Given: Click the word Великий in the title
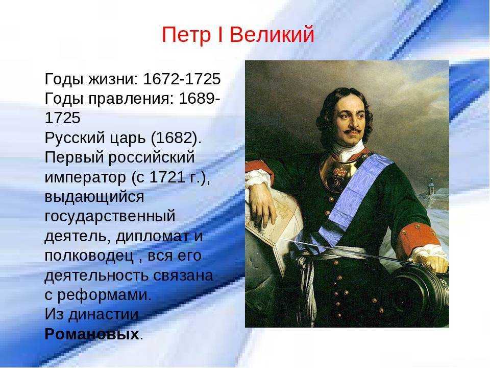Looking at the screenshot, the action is pos(272,34).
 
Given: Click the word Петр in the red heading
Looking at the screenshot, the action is pos(186,35).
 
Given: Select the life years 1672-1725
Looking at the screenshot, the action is pos(182,79).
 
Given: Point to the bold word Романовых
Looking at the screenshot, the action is pos(92,334).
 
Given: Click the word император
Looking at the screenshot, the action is pos(86,178).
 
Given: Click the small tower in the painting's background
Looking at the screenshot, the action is pos(432,188).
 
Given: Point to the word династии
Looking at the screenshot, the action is pos(104,315).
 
